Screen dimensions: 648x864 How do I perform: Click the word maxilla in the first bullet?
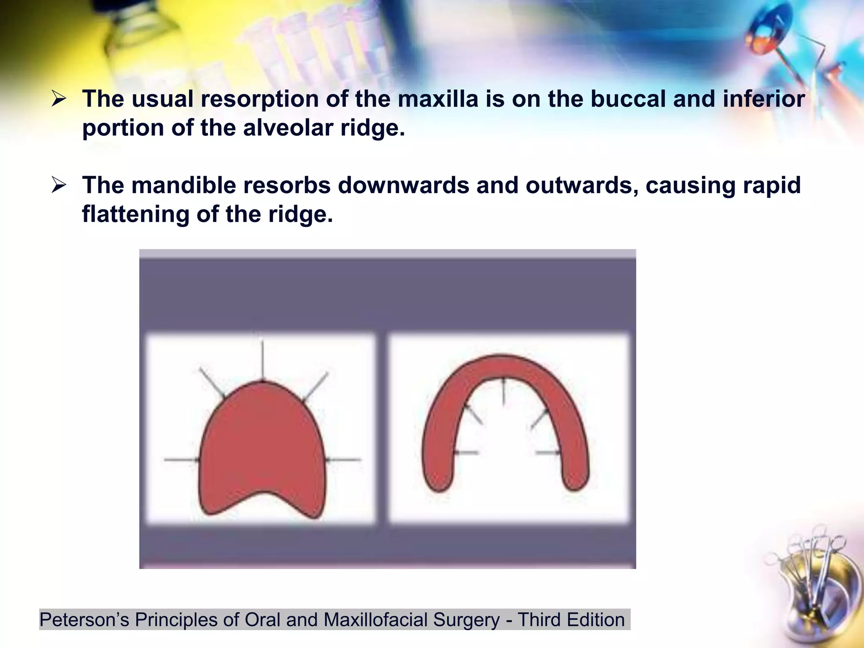[x=437, y=99]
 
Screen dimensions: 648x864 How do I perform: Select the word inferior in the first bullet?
[x=764, y=99]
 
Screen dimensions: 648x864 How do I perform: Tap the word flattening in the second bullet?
[x=135, y=214]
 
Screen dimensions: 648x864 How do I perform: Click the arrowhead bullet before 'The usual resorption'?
[x=59, y=100]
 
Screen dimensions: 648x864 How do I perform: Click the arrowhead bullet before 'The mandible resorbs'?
[x=59, y=186]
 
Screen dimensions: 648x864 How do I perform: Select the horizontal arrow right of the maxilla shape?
[x=344, y=459]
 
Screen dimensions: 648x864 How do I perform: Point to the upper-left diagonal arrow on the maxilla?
[x=212, y=383]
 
